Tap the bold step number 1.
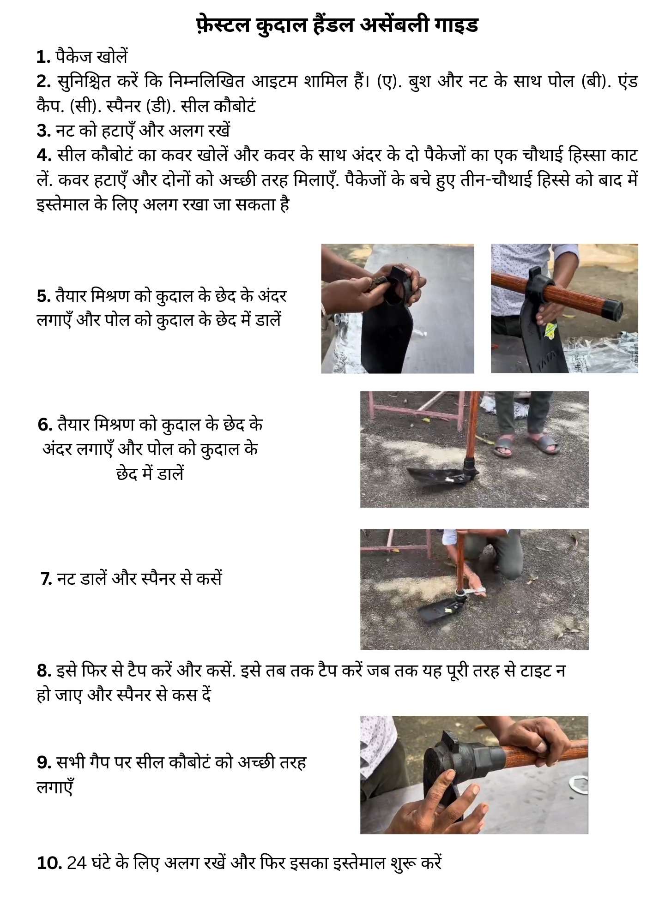(44, 57)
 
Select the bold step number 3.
(44, 131)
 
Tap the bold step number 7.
(46, 579)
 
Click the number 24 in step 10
(77, 863)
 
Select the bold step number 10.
(49, 863)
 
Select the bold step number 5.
(44, 296)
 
